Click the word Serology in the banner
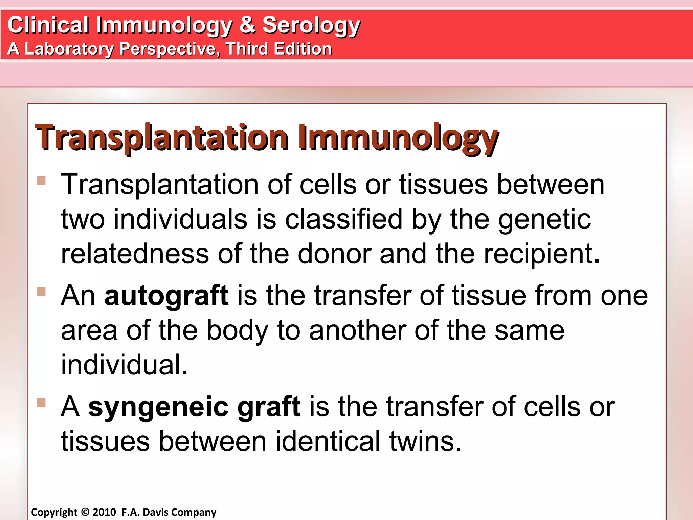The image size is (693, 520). coord(311,25)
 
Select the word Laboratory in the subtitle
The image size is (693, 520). coord(69,49)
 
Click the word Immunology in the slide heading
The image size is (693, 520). coord(398,138)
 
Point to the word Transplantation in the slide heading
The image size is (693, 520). coord(162,138)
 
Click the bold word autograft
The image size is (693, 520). coord(166,296)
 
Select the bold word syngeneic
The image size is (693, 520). coord(158,406)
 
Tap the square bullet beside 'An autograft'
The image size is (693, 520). coord(41,291)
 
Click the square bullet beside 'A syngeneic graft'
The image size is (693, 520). coord(41,403)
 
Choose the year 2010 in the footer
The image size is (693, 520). coord(104,512)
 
